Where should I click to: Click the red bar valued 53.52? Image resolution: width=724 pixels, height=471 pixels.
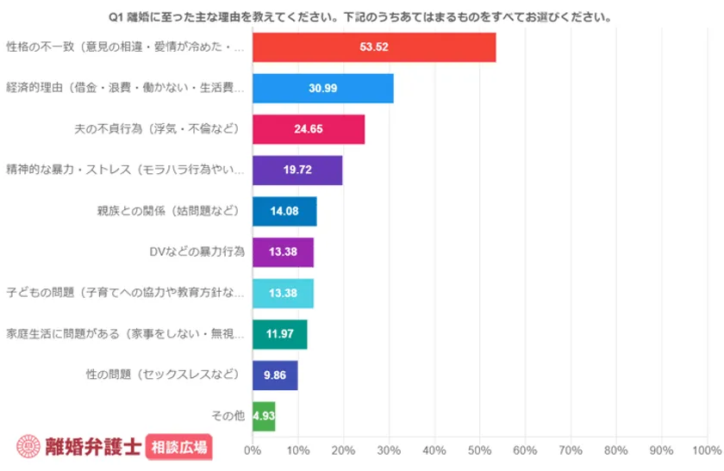[374, 47]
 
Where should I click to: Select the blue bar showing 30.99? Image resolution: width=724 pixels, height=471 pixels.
[323, 89]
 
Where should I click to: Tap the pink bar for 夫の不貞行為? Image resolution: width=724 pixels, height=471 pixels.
[309, 129]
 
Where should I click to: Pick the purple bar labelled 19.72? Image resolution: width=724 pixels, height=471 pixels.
[297, 170]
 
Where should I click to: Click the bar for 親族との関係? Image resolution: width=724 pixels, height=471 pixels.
[284, 211]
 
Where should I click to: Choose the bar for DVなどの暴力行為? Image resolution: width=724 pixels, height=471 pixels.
[283, 252]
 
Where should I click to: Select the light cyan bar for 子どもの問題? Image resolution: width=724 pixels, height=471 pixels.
[283, 293]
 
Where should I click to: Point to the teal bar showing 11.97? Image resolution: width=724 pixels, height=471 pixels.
[279, 334]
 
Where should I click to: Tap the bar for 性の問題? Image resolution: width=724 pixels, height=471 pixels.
[275, 375]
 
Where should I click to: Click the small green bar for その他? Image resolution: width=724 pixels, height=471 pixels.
[264, 416]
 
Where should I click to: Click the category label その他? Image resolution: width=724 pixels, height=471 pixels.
[228, 416]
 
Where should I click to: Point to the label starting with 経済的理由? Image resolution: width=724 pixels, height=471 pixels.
[125, 89]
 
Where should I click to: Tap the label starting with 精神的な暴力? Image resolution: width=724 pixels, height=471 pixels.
[125, 170]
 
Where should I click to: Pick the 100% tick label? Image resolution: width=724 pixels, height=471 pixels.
[707, 449]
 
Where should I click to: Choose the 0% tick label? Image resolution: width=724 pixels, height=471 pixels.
[253, 449]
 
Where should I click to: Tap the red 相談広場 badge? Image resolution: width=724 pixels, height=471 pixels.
[179, 446]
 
